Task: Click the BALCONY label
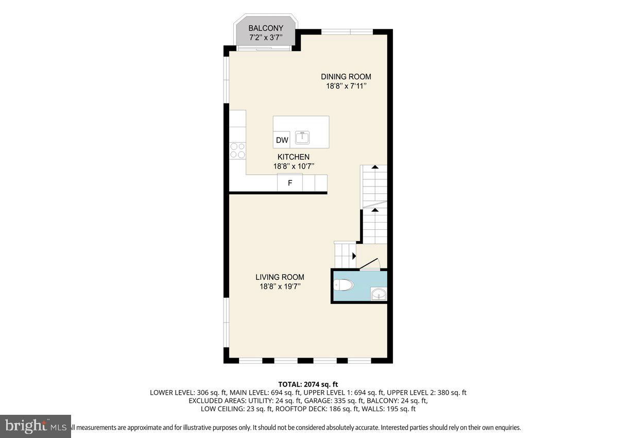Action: (265, 28)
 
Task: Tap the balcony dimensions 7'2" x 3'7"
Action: (265, 38)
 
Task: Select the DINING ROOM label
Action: (346, 77)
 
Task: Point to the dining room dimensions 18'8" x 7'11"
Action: (346, 87)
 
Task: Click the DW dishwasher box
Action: (282, 140)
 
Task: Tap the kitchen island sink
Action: (302, 138)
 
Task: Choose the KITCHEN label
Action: (294, 157)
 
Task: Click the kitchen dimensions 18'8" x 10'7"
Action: (294, 166)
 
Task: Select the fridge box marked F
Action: (290, 183)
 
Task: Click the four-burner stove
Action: (237, 150)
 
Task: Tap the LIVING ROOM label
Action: (280, 277)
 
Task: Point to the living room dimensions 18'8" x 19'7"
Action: (280, 287)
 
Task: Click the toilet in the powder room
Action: (344, 284)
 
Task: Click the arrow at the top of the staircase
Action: (375, 167)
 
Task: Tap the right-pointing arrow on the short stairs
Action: (354, 256)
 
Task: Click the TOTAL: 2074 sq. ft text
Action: (308, 384)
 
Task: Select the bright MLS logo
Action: (36, 426)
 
